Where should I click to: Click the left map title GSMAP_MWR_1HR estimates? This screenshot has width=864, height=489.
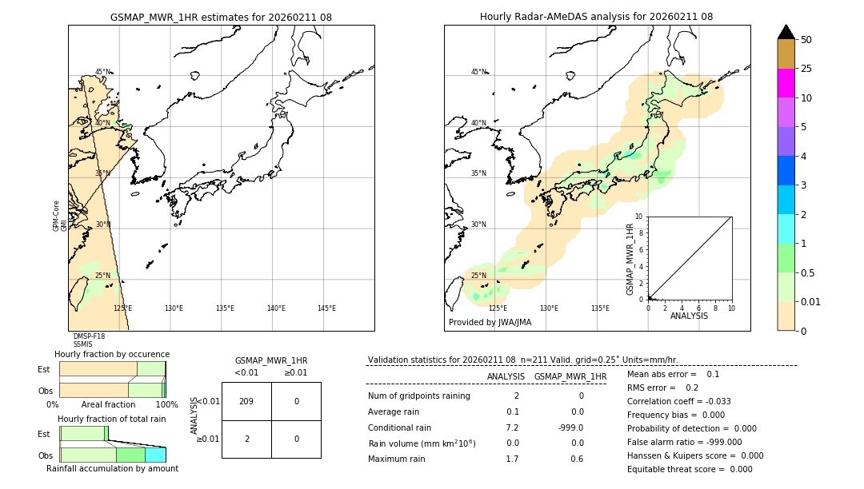click(x=221, y=17)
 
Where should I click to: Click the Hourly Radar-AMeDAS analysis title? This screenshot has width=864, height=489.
click(x=596, y=17)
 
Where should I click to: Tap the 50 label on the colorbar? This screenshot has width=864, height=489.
click(x=806, y=40)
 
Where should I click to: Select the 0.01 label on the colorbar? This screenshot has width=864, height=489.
click(x=811, y=301)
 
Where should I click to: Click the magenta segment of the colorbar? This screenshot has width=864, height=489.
click(x=786, y=83)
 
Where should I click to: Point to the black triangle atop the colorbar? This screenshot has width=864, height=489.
click(x=786, y=32)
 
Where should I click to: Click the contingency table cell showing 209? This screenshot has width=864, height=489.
click(x=246, y=401)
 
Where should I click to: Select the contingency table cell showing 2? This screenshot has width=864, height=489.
click(x=246, y=439)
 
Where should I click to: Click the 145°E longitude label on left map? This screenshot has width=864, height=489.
click(x=326, y=308)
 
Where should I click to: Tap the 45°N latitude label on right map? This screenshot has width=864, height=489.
click(x=478, y=72)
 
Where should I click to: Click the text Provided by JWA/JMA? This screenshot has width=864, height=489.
click(x=490, y=322)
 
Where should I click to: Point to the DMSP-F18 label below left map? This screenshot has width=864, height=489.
click(x=89, y=336)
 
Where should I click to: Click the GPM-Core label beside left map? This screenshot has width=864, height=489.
click(x=57, y=216)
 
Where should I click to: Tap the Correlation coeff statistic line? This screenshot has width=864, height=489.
click(x=679, y=401)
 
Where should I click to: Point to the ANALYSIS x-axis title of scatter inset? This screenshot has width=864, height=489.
click(x=689, y=316)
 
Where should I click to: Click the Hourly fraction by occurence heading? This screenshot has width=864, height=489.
click(x=112, y=354)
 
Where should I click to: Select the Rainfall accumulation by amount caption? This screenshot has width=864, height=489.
click(x=112, y=468)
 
